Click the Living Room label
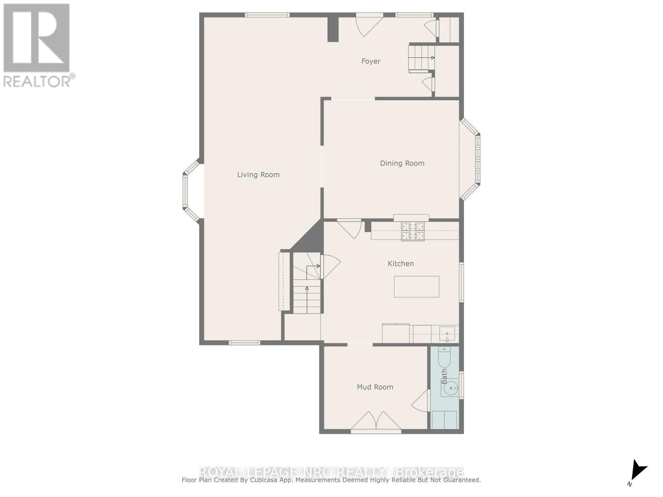click(258, 175)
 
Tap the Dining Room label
click(402, 163)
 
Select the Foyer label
click(370, 61)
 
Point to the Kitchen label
click(400, 263)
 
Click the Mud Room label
click(375, 387)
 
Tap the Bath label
click(444, 376)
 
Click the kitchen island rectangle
click(416, 287)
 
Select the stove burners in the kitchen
click(413, 231)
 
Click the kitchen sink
click(447, 333)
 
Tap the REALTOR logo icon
click(36, 38)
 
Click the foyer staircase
click(421, 58)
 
